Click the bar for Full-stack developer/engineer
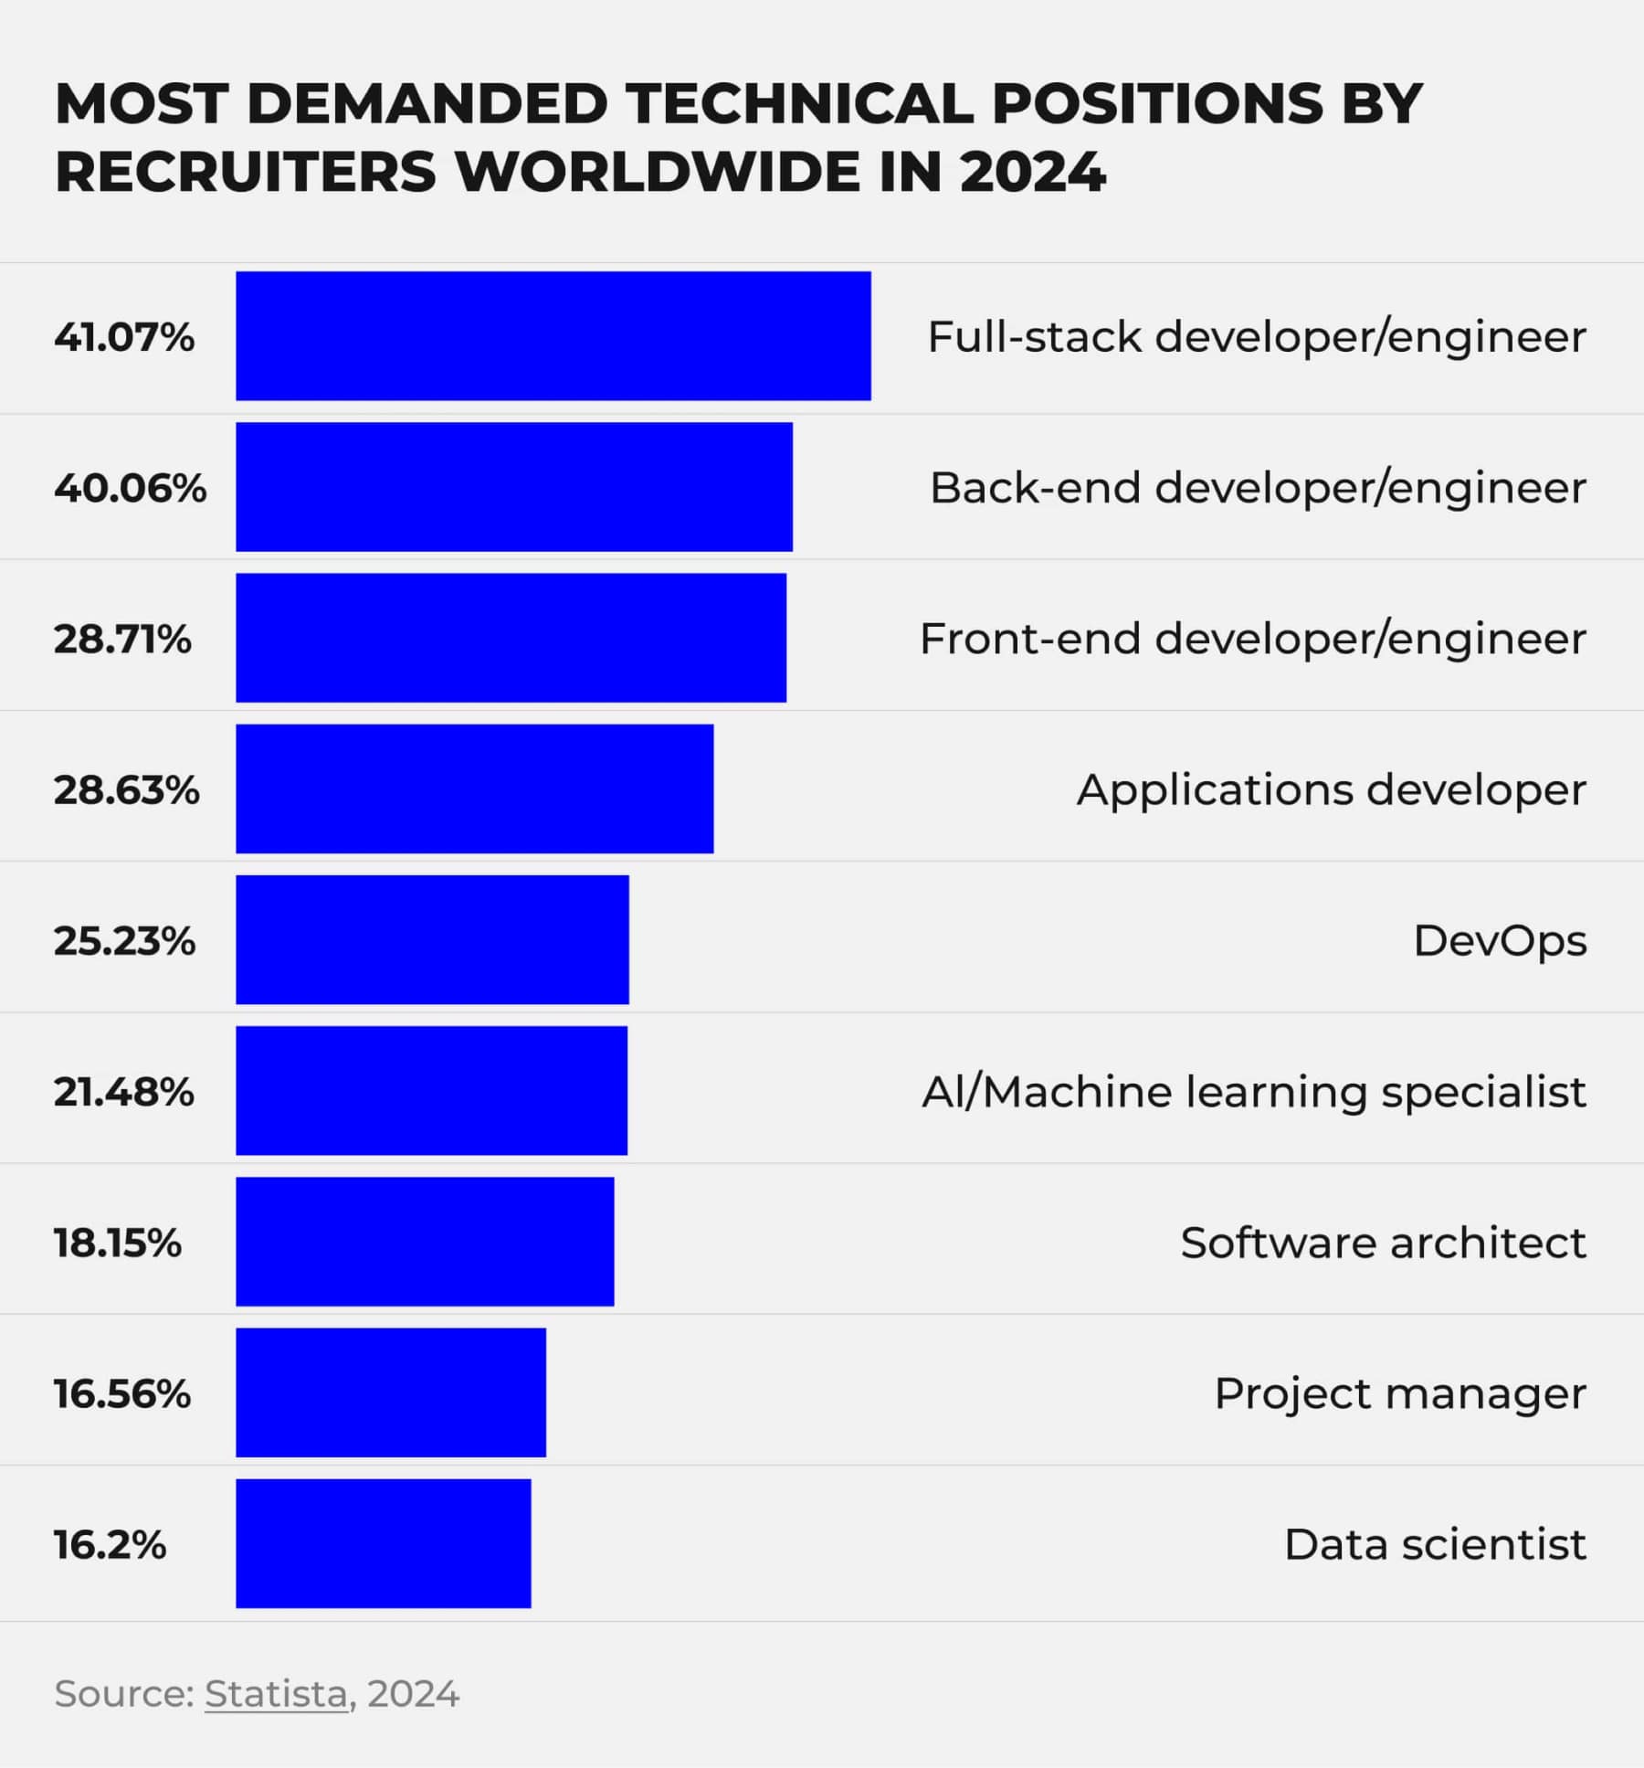pos(553,335)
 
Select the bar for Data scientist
pos(383,1543)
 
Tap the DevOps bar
pos(432,939)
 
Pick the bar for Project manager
pos(390,1392)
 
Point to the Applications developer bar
pos(474,789)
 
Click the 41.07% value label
pos(124,337)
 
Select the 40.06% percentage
pos(130,488)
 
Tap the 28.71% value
pos(122,639)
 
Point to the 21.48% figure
pos(123,1092)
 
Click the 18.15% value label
pos(117,1243)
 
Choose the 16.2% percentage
pos(110,1545)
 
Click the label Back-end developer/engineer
pos(1257,488)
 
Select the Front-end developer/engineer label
pos(1252,639)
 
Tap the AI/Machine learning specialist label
pos(1253,1092)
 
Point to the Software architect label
pos(1383,1243)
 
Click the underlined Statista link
pos(276,1694)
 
